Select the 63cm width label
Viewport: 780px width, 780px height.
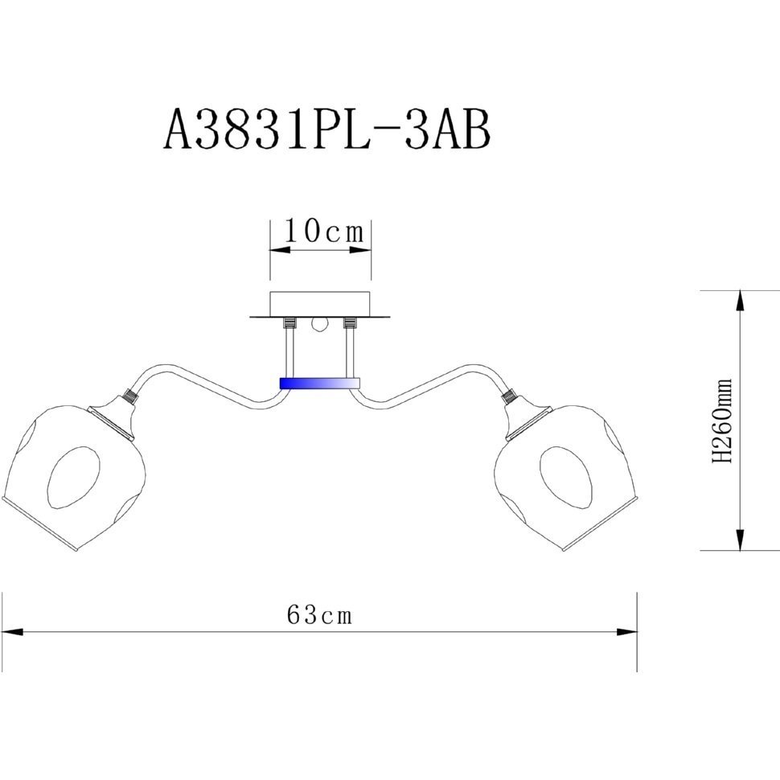[319, 615]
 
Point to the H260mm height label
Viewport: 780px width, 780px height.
[722, 421]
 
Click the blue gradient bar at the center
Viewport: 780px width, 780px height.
[319, 383]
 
